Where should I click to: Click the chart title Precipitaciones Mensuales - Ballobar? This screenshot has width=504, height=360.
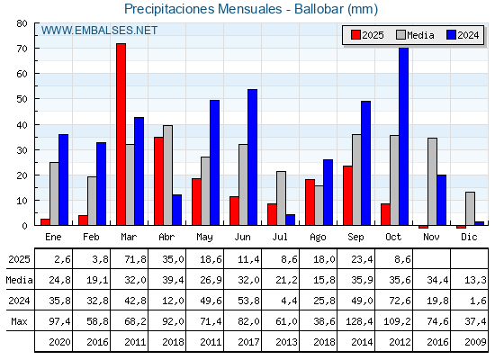click(x=251, y=9)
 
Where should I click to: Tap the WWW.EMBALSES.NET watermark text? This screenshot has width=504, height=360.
click(x=99, y=31)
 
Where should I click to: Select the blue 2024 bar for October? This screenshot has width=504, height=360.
click(x=404, y=137)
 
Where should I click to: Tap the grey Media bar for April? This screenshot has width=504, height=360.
click(x=167, y=175)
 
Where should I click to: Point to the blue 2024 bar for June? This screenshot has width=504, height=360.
click(x=253, y=157)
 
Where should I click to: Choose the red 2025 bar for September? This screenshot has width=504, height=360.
click(x=347, y=196)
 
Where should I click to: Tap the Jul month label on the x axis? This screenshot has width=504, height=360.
click(x=281, y=236)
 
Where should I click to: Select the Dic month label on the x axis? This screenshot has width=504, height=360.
click(x=470, y=236)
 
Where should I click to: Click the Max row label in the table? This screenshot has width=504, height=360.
click(x=17, y=321)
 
